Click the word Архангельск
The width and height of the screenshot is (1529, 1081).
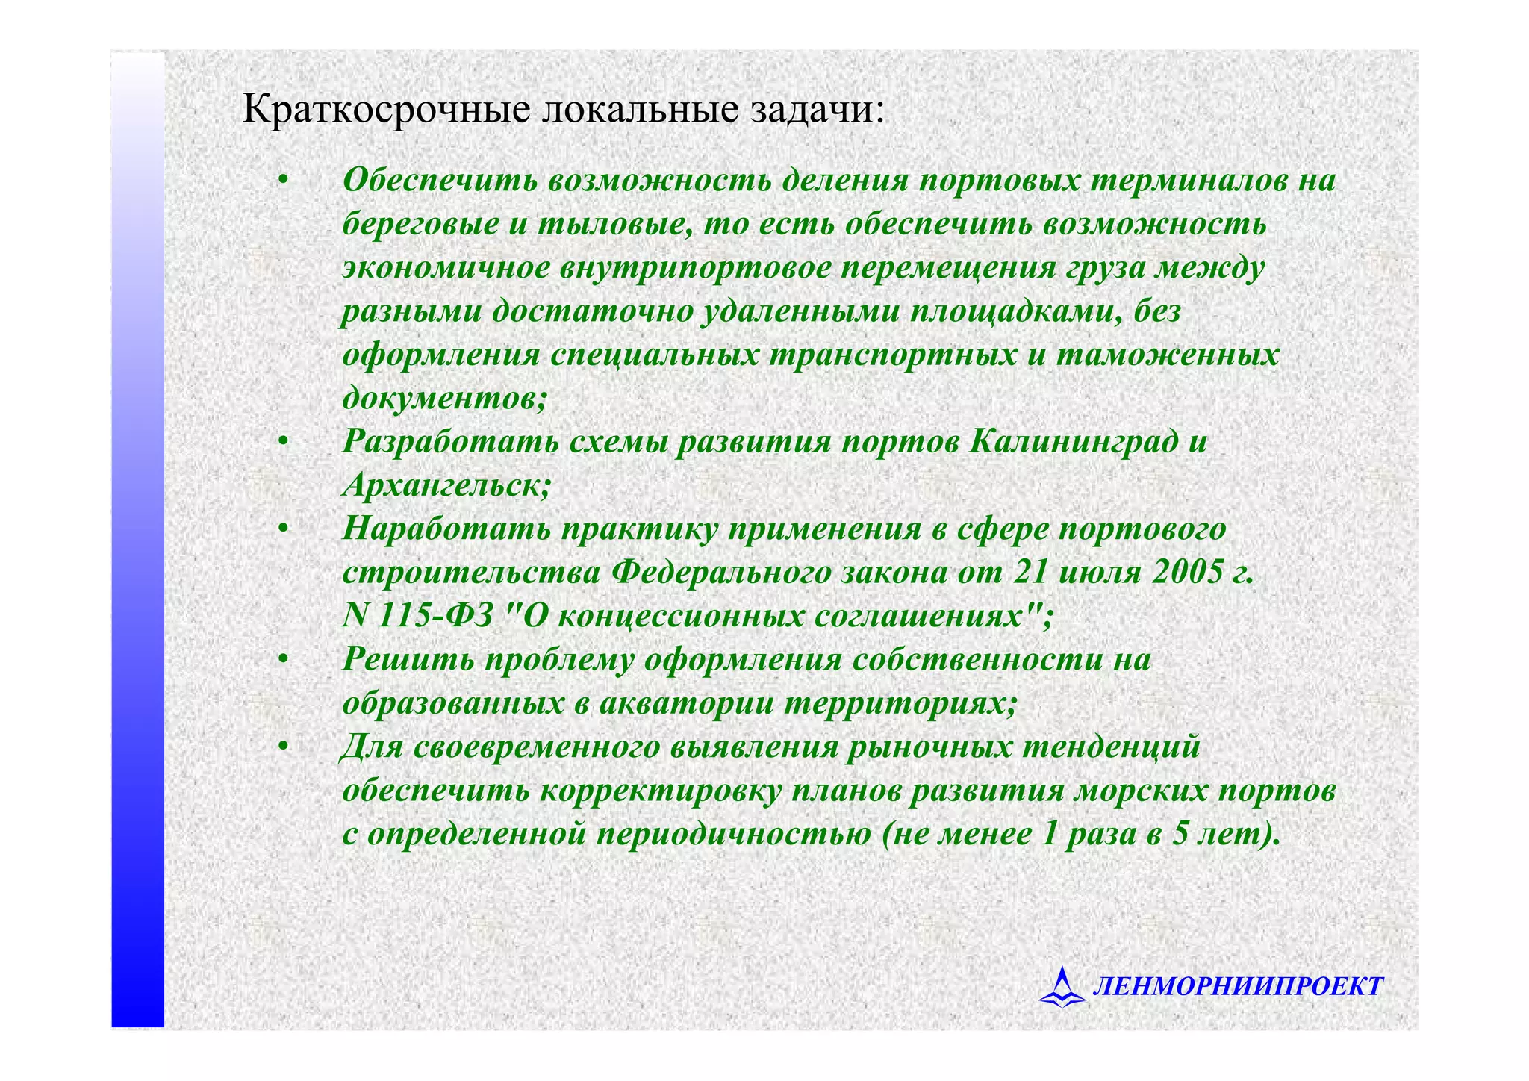pos(446,485)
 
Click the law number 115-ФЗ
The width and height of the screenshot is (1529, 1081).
pos(436,617)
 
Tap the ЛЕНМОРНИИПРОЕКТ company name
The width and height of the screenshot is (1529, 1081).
pos(1238,987)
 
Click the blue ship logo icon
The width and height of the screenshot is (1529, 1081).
pos(1062,987)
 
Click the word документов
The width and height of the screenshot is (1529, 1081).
pos(444,398)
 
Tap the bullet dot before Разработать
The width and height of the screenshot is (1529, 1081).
pos(283,443)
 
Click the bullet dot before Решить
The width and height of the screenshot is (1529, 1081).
pos(283,661)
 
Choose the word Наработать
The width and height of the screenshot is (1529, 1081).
pos(446,529)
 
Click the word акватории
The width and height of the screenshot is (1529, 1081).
pos(686,703)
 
